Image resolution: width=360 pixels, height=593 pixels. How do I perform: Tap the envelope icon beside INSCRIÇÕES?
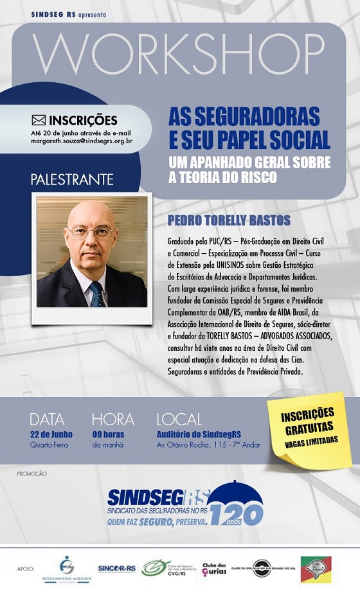39,119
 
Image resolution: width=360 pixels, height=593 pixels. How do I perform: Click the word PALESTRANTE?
72,179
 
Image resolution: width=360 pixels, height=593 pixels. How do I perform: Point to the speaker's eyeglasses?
92,232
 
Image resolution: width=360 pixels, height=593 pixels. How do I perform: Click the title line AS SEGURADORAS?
244,116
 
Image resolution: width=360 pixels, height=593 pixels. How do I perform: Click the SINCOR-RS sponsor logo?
116,569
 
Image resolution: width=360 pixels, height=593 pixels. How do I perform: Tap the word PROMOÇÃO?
32,474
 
